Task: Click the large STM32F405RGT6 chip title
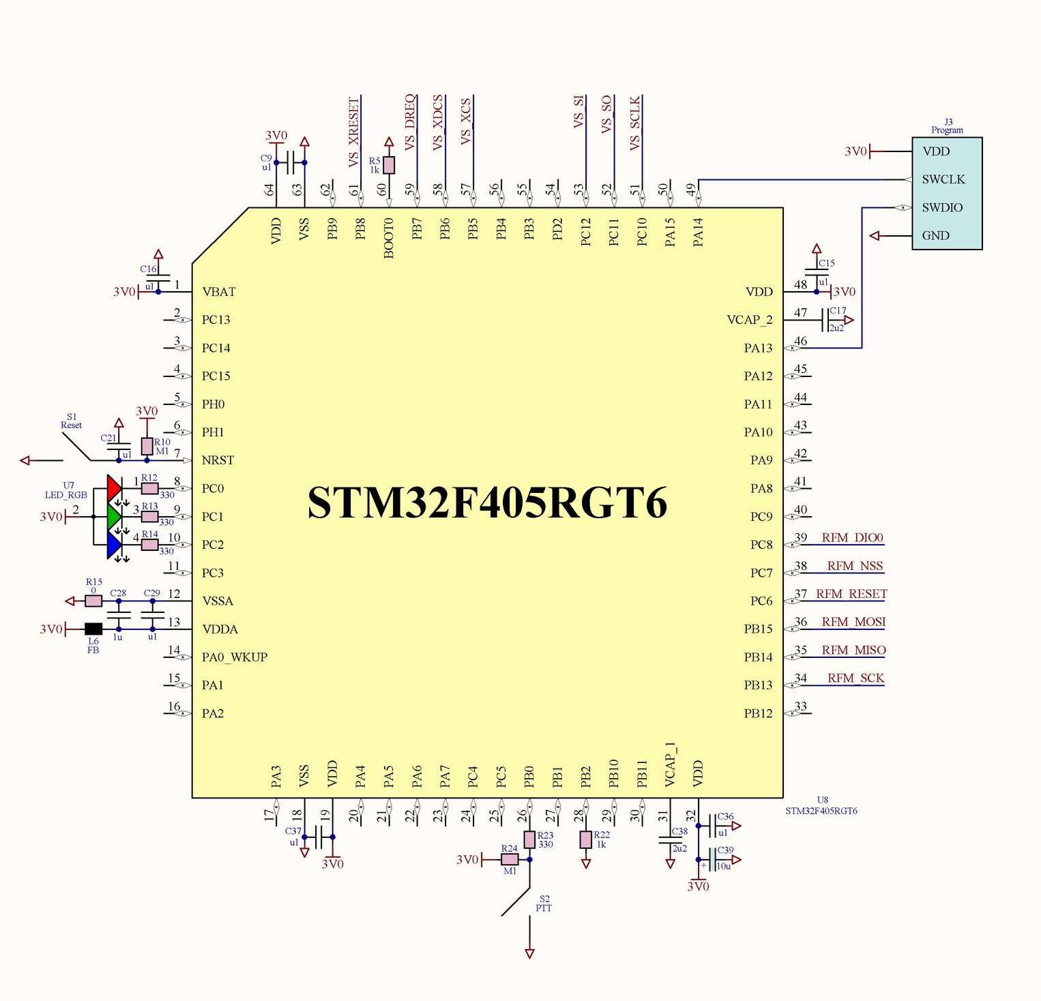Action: point(487,503)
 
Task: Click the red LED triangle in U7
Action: point(114,488)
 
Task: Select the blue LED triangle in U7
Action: point(114,545)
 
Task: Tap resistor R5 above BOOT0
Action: point(389,165)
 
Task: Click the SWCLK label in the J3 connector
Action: point(943,179)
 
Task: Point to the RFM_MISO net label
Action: point(853,650)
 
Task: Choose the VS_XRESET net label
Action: point(354,132)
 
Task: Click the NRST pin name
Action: point(218,460)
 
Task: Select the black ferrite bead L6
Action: point(93,629)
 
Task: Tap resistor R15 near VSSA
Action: point(93,601)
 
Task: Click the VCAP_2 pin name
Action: point(749,320)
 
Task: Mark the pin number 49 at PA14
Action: point(691,189)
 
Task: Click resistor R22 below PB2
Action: point(585,840)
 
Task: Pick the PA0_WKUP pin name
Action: point(234,657)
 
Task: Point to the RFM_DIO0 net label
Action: point(852,537)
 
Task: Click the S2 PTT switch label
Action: point(544,903)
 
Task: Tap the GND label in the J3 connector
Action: point(935,235)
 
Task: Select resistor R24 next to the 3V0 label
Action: point(510,859)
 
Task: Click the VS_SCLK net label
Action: point(635,123)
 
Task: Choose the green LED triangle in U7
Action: point(114,516)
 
